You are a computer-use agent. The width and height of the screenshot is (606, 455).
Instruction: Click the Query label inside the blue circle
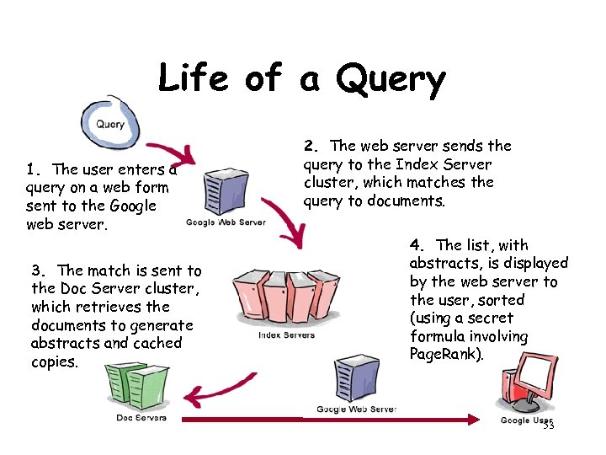[x=110, y=124]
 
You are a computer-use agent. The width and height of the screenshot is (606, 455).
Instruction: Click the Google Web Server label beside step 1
[x=226, y=222]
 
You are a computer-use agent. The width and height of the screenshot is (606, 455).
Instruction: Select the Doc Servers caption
[x=141, y=418]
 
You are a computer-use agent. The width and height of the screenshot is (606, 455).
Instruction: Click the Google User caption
[x=526, y=420]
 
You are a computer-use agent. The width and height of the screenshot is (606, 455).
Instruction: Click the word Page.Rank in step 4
[x=446, y=355]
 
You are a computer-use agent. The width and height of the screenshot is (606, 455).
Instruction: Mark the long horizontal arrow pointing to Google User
[x=337, y=419]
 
